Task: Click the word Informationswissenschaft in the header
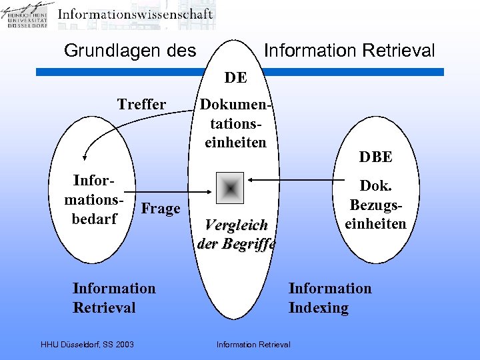click(135, 14)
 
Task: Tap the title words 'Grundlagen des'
click(129, 51)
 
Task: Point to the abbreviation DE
click(235, 78)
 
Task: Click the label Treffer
click(141, 104)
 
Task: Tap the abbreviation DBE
click(375, 157)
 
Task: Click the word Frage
click(161, 209)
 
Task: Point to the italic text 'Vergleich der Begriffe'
click(236, 233)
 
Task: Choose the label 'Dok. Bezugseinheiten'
click(375, 205)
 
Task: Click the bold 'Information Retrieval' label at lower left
click(113, 297)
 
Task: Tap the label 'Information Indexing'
click(329, 297)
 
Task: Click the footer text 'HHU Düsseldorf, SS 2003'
click(87, 344)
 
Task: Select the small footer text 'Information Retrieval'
click(253, 344)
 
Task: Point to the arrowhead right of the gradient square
click(250, 179)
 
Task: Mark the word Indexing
click(319, 307)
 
